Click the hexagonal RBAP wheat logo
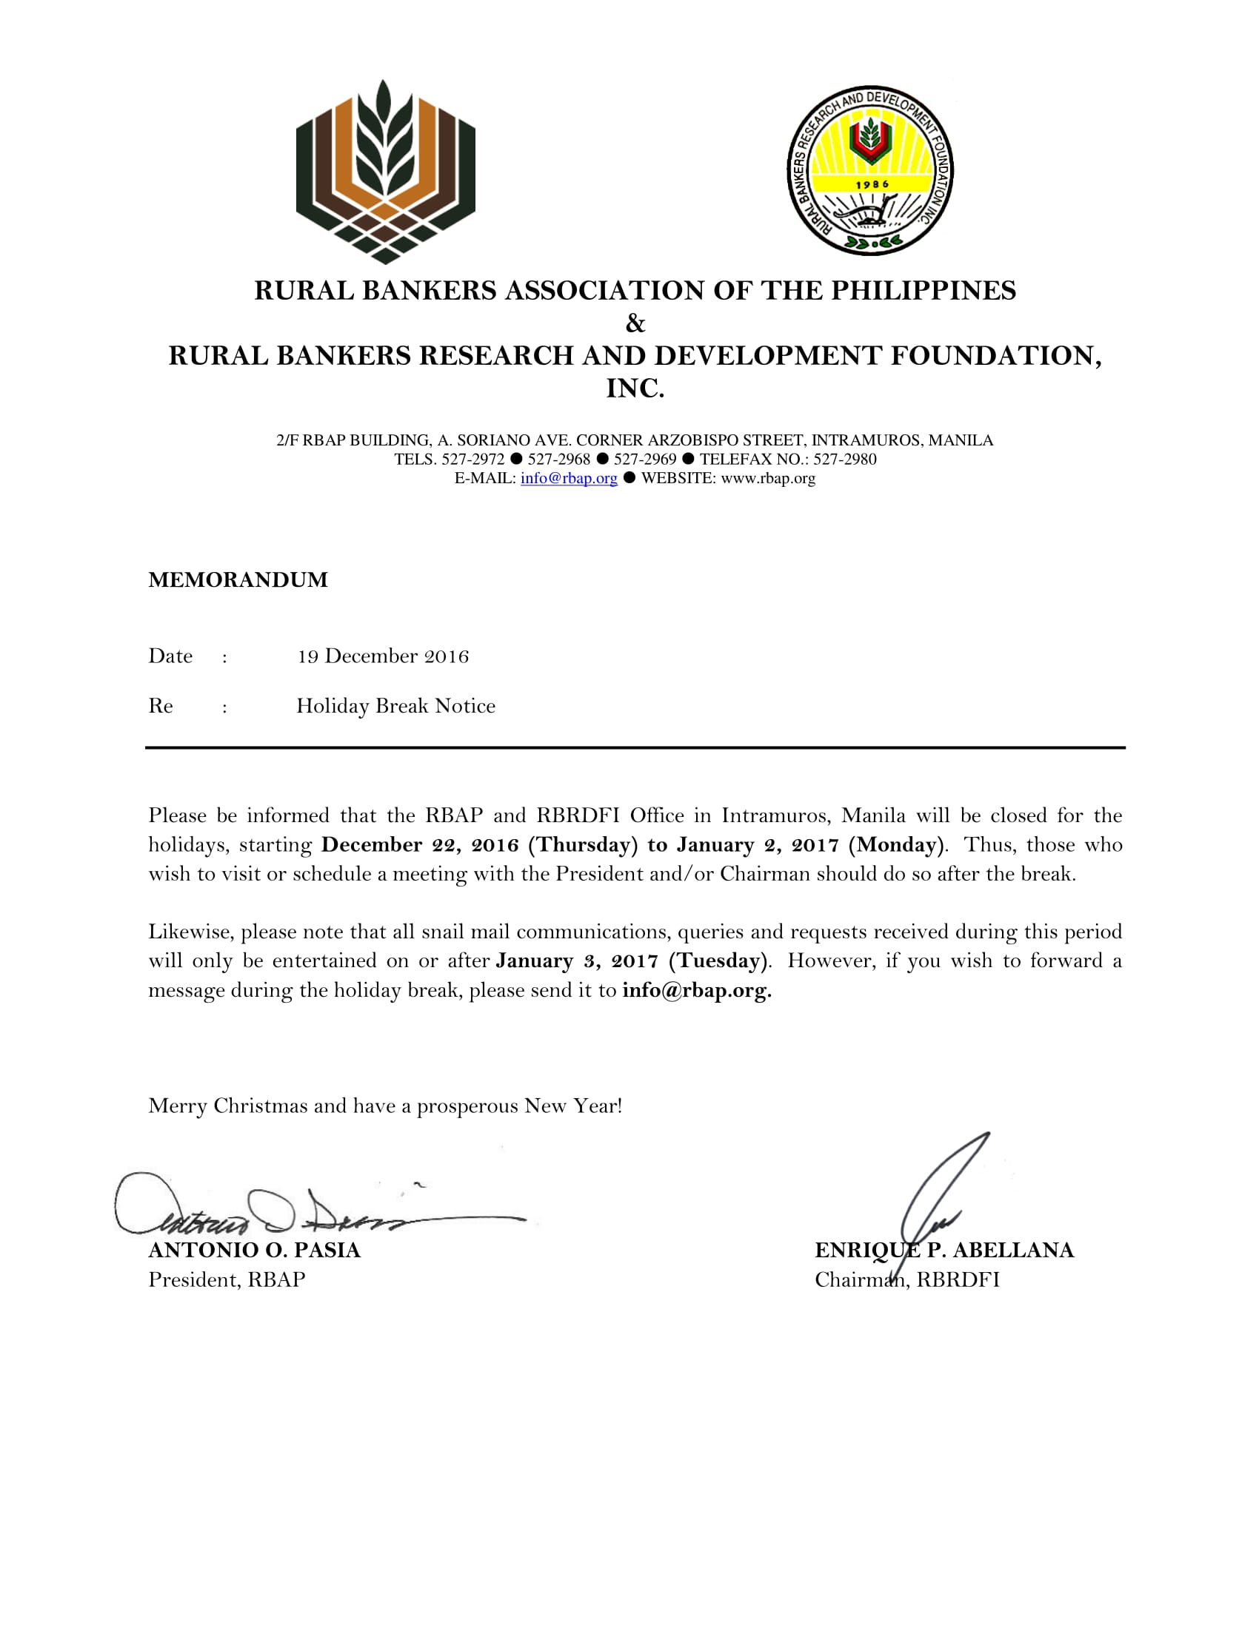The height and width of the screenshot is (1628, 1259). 386,172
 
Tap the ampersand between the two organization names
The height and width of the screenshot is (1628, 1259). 635,323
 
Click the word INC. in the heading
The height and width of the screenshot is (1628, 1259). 635,388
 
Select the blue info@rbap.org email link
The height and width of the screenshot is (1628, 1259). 569,479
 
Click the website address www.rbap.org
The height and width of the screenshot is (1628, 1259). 768,479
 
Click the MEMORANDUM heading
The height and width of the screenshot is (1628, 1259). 238,580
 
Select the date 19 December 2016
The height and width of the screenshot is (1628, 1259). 383,656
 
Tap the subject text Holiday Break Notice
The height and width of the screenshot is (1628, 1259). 395,706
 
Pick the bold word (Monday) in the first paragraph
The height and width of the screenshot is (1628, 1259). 897,844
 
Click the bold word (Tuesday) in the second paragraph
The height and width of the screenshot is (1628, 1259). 718,960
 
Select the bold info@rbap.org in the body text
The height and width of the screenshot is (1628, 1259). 696,990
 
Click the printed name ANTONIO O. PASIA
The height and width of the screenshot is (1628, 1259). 254,1250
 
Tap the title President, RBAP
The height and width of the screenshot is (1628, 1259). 227,1280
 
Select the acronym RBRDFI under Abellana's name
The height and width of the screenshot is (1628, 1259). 958,1280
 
